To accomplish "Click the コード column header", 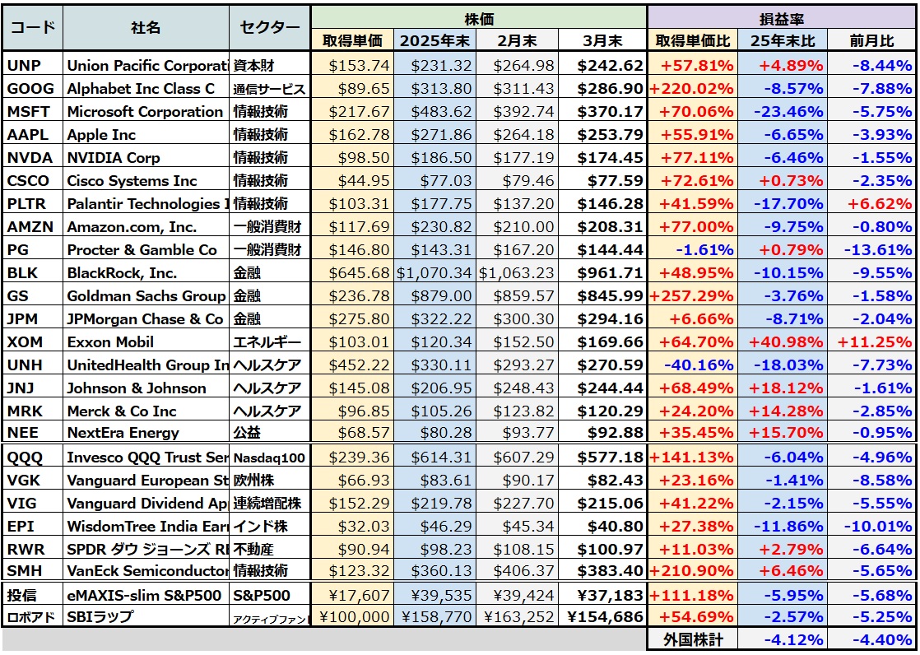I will point(33,27).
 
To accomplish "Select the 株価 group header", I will point(480,16).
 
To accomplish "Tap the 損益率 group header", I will point(782,16).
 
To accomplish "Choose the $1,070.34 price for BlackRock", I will point(434,273).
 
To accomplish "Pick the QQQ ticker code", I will point(25,458).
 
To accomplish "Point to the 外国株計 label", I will point(693,639).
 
